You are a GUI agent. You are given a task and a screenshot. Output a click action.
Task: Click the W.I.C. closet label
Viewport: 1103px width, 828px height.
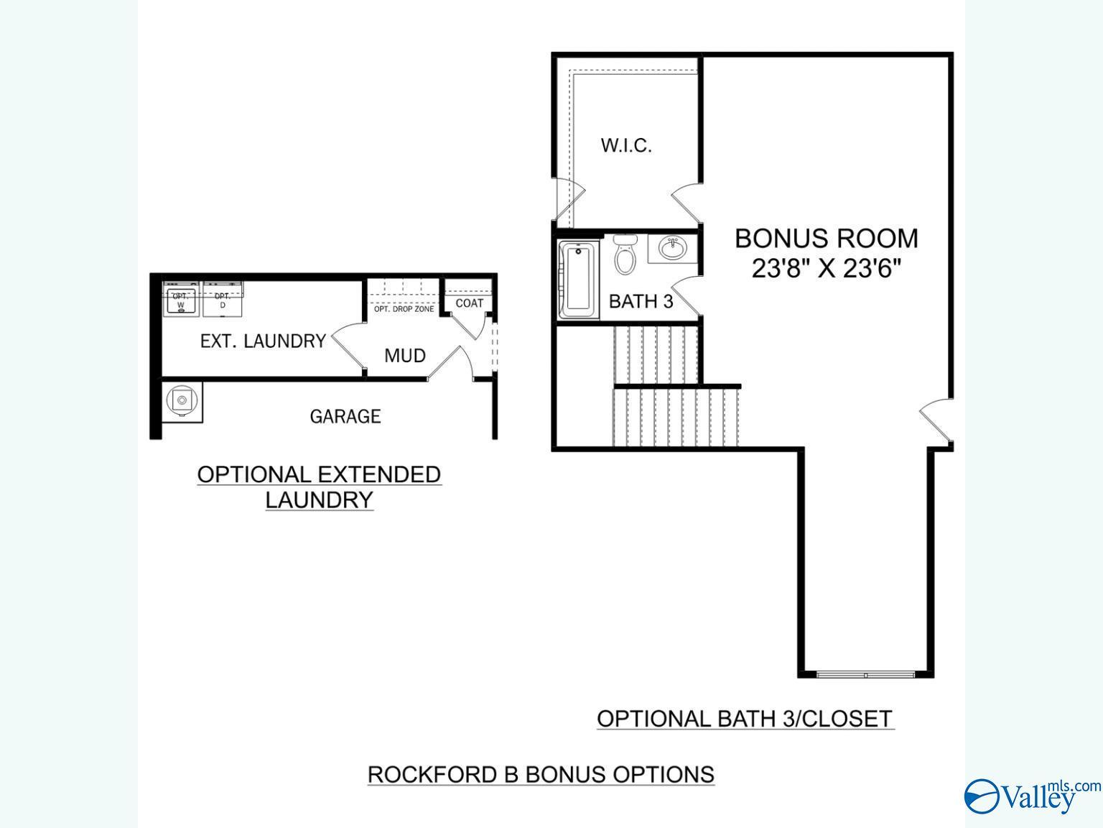[x=626, y=146]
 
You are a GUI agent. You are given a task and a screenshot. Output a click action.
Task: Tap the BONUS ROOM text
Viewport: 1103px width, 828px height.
[x=826, y=238]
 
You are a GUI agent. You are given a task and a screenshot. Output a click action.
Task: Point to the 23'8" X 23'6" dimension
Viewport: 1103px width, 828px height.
[x=826, y=269]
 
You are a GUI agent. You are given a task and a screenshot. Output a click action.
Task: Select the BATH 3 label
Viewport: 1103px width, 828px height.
[x=641, y=301]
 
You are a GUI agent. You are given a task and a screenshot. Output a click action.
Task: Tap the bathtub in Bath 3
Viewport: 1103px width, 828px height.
[x=578, y=279]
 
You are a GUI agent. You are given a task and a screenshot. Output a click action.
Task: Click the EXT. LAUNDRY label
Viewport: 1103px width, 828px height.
[x=263, y=341]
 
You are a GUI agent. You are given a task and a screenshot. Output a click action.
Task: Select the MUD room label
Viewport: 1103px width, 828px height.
[x=405, y=356]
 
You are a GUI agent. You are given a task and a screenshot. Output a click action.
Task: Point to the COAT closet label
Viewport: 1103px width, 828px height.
[x=470, y=303]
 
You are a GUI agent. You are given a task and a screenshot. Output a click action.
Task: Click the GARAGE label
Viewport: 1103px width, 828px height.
[x=345, y=416]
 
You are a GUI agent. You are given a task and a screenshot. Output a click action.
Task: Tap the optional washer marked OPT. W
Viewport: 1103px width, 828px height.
[x=180, y=300]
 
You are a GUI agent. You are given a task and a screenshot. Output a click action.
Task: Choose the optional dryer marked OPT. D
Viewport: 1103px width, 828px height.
[x=223, y=300]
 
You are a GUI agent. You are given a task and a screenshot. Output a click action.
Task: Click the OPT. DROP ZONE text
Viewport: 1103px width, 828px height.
[x=404, y=309]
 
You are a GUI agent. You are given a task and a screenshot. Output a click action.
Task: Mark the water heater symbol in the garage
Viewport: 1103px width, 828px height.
[x=182, y=400]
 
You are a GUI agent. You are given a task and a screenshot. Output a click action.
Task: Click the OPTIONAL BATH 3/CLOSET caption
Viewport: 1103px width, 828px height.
[x=745, y=719]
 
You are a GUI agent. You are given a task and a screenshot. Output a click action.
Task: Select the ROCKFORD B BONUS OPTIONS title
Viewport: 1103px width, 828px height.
[x=541, y=774]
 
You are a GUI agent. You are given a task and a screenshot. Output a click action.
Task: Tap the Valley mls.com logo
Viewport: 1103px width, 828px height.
[x=1031, y=796]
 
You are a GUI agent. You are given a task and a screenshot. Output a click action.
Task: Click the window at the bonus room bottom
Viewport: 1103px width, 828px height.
[x=866, y=675]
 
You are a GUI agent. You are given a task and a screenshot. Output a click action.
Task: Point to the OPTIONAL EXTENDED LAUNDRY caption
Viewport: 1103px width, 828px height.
[x=319, y=487]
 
